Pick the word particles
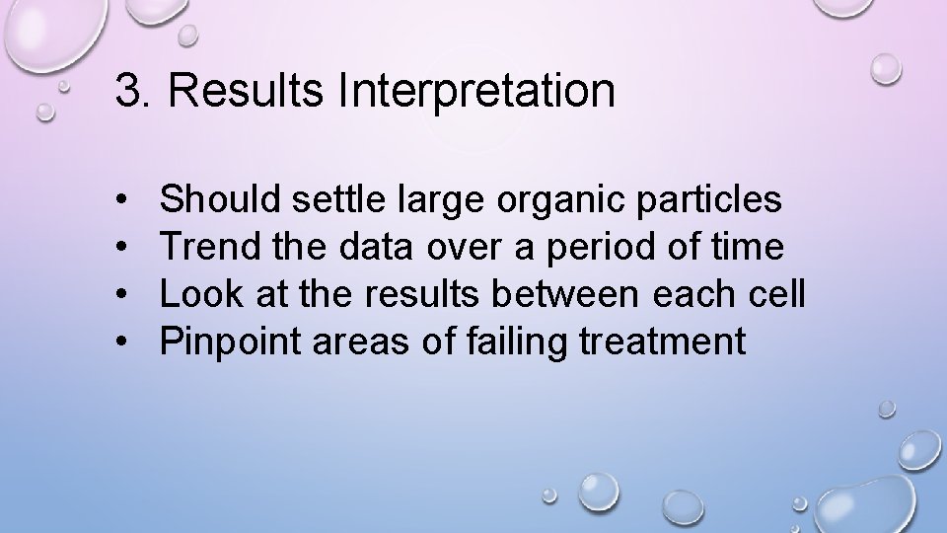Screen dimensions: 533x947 (709, 200)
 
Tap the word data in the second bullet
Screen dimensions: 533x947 (378, 248)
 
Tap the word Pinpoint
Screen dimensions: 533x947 (223, 343)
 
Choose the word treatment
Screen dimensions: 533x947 (663, 343)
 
